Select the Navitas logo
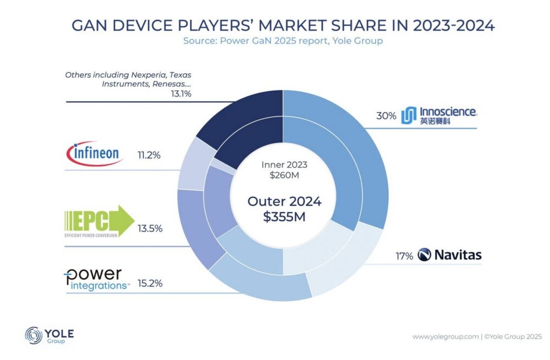coord(449,254)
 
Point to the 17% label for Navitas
coord(404,256)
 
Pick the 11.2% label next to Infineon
coord(148,155)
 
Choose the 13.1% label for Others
coord(179,94)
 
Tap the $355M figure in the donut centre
coord(284,217)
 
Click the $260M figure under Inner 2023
coord(284,175)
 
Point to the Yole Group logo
coord(50,335)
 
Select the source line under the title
coord(283,40)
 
